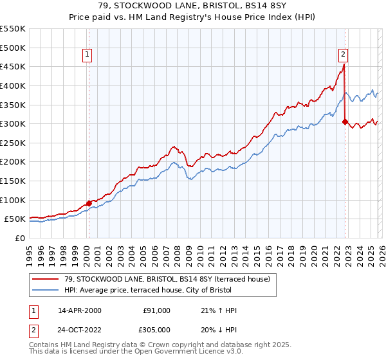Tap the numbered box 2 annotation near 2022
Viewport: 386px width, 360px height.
[x=344, y=55]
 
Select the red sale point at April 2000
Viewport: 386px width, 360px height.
[x=89, y=203]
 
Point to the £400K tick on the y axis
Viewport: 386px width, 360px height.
[x=14, y=85]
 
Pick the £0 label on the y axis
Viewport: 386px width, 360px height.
[x=21, y=238]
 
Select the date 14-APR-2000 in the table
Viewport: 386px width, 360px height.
[x=78, y=310]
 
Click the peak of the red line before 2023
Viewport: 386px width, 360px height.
[x=344, y=64]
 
